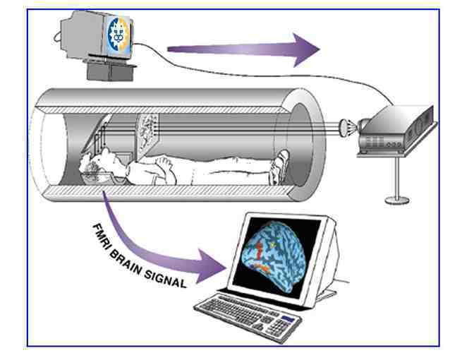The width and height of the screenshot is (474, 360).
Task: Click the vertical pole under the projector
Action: [x=396, y=176]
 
